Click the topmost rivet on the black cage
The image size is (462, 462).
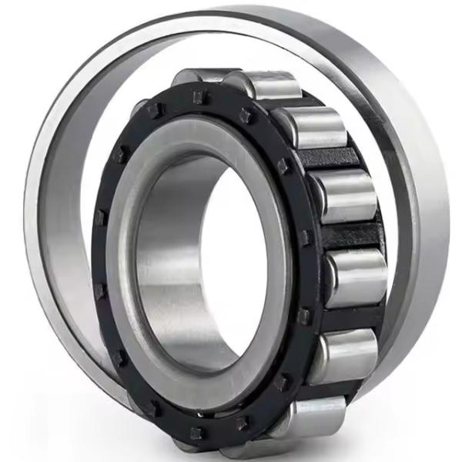point(199,97)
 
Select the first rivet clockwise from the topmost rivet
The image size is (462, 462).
point(245,116)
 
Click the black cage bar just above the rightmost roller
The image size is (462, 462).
point(350,236)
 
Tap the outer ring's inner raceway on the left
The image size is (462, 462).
point(58,231)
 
